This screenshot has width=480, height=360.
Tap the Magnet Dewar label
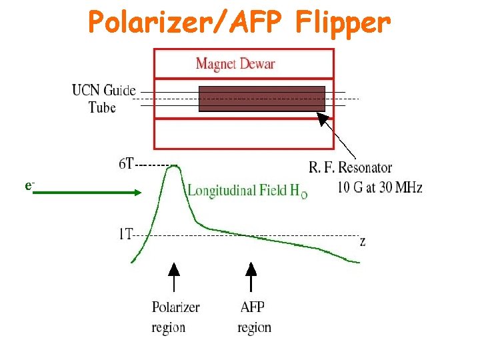click(235, 64)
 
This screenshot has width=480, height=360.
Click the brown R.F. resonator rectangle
click(261, 98)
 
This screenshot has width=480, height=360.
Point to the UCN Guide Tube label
click(103, 98)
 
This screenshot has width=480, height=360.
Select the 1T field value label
click(125, 234)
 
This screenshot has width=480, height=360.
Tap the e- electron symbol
click(29, 185)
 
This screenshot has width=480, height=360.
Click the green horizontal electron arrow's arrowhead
click(137, 192)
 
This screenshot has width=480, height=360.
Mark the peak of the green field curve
click(175, 167)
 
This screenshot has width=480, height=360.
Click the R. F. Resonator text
click(350, 167)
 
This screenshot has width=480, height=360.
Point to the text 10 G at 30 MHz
click(380, 187)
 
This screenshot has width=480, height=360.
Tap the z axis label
click(362, 241)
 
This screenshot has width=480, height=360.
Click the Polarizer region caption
click(175, 317)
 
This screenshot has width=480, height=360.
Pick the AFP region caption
click(254, 317)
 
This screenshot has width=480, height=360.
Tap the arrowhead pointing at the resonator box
click(323, 119)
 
